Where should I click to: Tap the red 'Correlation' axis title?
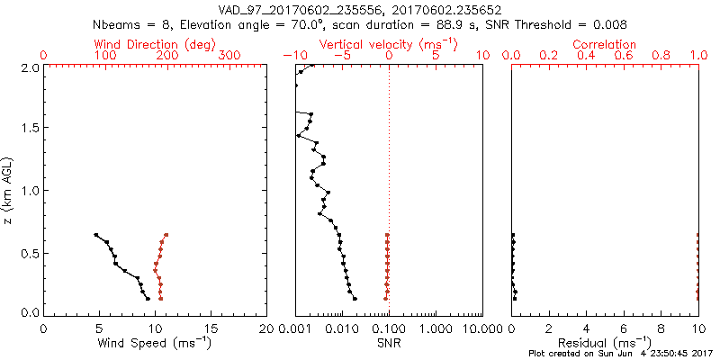605,44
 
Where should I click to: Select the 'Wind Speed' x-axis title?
156,342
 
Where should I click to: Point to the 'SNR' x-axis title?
389,342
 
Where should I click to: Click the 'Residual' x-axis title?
604,342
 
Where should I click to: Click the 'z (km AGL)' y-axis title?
10,190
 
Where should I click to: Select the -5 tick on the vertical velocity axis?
341,57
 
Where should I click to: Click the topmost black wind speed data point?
96,235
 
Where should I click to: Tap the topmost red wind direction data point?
166,235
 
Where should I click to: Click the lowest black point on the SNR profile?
355,299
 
